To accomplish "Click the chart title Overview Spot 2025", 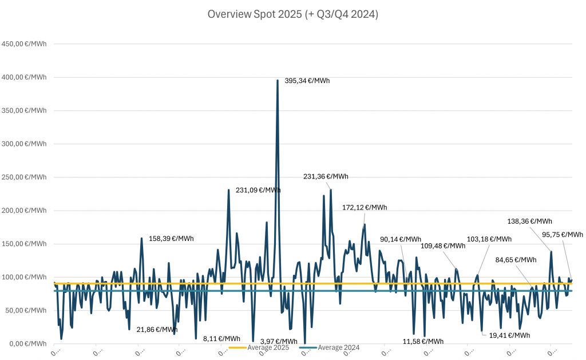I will coord(292,15).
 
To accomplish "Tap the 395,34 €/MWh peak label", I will coord(307,81).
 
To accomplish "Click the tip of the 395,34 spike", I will coord(278,80).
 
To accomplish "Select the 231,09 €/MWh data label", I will coord(258,190).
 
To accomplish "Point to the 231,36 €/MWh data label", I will coord(326,177).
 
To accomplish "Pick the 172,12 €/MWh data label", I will coord(365,207).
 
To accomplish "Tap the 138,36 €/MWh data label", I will coord(530,221).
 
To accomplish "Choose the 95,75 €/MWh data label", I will coord(563,234).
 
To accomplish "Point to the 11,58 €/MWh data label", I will coord(423,341).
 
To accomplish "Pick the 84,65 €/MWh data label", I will coord(516,259).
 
